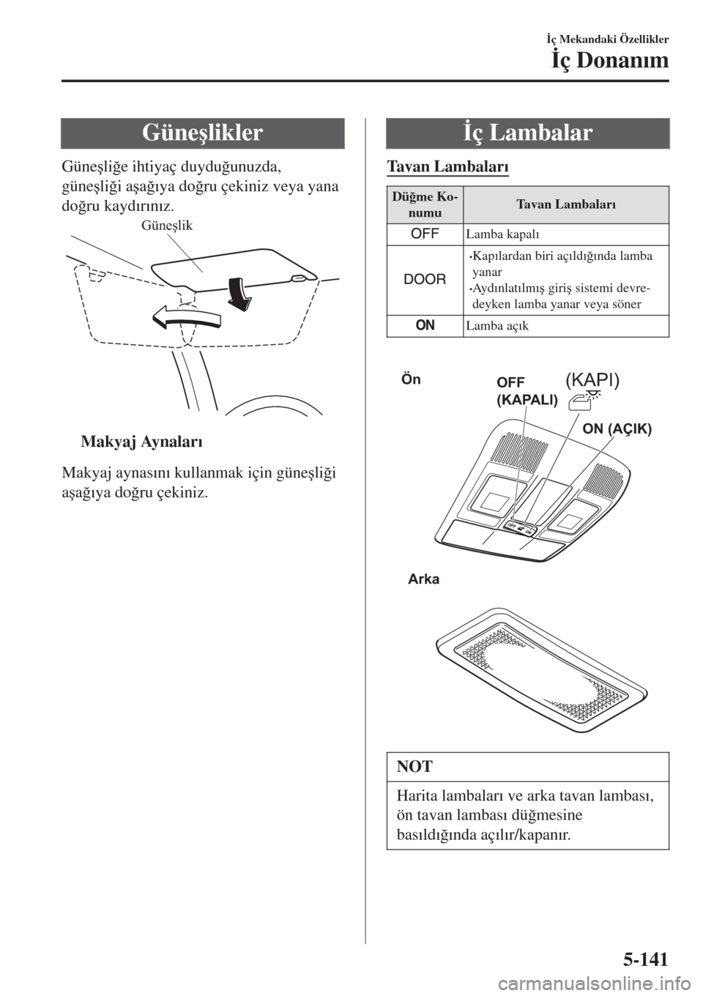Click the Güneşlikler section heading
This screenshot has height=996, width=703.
[x=203, y=133]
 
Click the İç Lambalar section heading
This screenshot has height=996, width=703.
[x=529, y=133]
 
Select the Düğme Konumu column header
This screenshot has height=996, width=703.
[x=425, y=205]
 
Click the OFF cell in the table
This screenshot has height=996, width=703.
[x=425, y=234]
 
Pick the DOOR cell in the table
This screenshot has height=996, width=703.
[x=425, y=280]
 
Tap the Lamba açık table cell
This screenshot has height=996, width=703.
[x=496, y=326]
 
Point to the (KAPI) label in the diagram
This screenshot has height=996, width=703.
[x=592, y=379]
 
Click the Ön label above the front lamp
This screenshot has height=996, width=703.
[x=412, y=380]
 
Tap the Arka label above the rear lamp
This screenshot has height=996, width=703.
[x=425, y=579]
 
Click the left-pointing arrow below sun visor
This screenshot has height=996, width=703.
[x=185, y=316]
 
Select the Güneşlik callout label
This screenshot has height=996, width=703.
[x=167, y=226]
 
